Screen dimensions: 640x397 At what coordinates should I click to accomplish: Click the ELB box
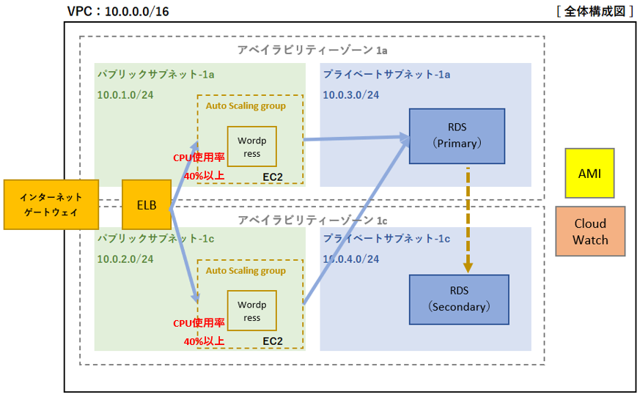pyautogui.click(x=147, y=204)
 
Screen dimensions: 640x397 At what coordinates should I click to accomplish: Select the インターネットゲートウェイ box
pyautogui.click(x=51, y=204)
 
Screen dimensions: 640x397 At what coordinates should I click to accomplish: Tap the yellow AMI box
pyautogui.click(x=589, y=173)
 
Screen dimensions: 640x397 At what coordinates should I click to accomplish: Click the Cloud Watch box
pyautogui.click(x=590, y=231)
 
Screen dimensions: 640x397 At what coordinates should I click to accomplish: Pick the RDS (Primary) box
pyautogui.click(x=457, y=136)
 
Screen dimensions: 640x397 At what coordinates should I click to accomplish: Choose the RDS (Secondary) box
pyautogui.click(x=459, y=300)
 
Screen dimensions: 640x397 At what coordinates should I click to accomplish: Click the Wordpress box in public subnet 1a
pyautogui.click(x=252, y=146)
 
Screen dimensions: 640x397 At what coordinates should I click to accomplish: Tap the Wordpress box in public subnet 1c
pyautogui.click(x=252, y=311)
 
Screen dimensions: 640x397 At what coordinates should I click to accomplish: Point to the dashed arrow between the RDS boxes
pyautogui.click(x=468, y=220)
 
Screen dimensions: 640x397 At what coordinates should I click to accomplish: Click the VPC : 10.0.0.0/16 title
pyautogui.click(x=118, y=12)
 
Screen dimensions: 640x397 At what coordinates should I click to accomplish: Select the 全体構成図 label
pyautogui.click(x=595, y=11)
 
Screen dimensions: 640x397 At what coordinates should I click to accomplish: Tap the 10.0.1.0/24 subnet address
pyautogui.click(x=125, y=95)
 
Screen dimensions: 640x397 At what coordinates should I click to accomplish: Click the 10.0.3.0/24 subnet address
pyautogui.click(x=351, y=95)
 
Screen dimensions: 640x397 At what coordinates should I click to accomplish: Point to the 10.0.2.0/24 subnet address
pyautogui.click(x=125, y=259)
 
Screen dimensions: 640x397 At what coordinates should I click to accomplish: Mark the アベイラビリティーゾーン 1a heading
pyautogui.click(x=312, y=51)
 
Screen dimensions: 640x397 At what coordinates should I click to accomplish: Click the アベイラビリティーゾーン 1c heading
pyautogui.click(x=312, y=220)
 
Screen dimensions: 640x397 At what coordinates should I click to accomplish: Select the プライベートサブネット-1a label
pyautogui.click(x=386, y=74)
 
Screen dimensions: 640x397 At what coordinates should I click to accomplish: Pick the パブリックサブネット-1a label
pyautogui.click(x=155, y=74)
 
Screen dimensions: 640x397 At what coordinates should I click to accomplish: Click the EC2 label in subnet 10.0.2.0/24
pyautogui.click(x=273, y=341)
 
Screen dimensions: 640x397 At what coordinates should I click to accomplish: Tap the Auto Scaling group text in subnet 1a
pyautogui.click(x=246, y=106)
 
